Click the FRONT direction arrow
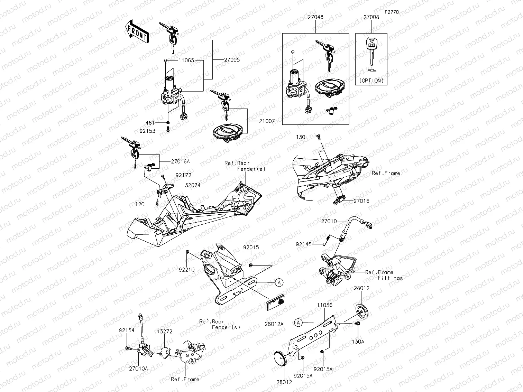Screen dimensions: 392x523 136,32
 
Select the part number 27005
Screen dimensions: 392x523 231,60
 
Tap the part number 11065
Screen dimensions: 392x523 186,60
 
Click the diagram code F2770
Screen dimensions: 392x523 391,12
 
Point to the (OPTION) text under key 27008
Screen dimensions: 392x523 371,81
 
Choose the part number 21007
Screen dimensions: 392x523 267,121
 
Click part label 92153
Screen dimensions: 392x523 147,131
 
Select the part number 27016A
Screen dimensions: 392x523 180,161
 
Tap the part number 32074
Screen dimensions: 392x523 192,185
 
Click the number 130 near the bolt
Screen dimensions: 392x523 301,137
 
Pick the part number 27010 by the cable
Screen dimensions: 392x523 329,221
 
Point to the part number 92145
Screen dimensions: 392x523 303,244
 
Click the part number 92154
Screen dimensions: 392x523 127,330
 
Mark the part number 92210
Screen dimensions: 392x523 186,269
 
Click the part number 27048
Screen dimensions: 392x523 315,17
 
